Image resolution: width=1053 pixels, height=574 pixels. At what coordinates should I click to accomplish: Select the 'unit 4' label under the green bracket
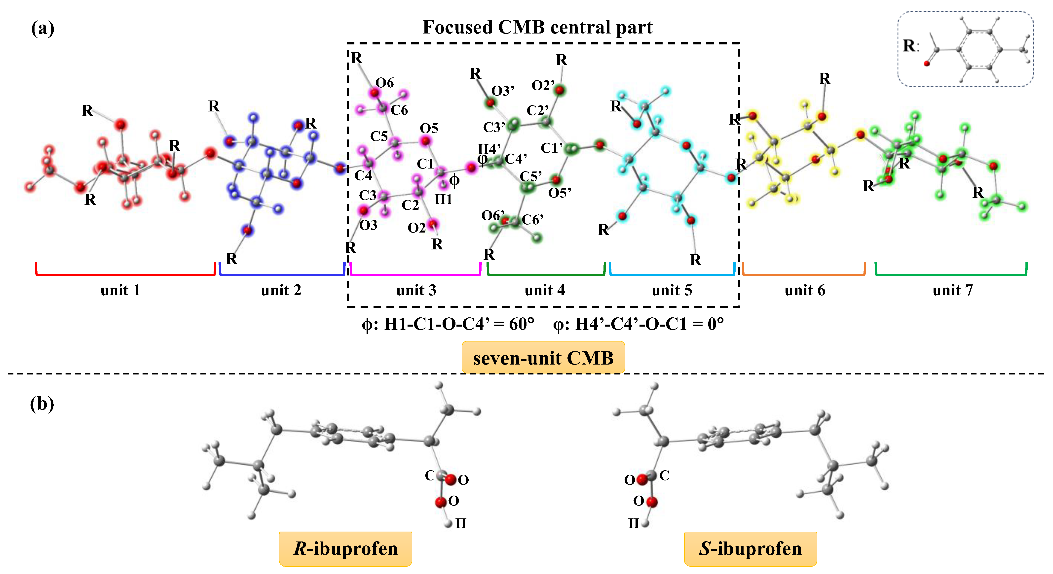(x=544, y=290)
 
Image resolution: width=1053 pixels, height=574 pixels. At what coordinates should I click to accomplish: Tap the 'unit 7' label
(x=952, y=290)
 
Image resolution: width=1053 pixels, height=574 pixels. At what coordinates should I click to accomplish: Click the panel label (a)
(x=42, y=29)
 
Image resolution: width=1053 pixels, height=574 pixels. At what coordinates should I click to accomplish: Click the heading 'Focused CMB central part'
(x=537, y=27)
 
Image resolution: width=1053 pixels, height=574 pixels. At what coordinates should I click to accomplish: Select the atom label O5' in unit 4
(x=560, y=192)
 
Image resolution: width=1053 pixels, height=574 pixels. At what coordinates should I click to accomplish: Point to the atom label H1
(x=443, y=199)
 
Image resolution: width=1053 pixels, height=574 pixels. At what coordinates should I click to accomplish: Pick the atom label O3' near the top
(x=502, y=91)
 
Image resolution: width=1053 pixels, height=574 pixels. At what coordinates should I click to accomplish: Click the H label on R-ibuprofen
(x=461, y=523)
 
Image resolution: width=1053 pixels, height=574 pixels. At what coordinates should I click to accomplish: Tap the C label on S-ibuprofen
(x=664, y=475)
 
